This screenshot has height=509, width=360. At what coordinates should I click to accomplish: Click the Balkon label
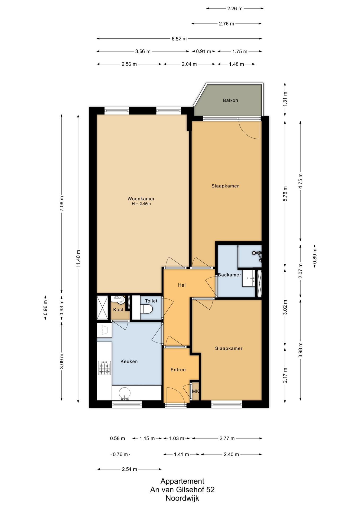230,100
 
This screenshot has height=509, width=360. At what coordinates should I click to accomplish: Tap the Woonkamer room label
141,199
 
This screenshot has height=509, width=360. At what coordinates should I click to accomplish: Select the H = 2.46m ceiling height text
141,204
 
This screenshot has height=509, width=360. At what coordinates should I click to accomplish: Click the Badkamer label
230,275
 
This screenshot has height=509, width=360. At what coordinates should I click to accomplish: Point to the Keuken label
129,361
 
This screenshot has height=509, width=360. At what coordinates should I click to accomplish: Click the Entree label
178,370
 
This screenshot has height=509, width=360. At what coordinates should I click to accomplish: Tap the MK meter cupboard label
195,392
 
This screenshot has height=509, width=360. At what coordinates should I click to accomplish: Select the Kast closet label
118,310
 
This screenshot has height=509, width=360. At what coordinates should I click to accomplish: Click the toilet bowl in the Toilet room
146,309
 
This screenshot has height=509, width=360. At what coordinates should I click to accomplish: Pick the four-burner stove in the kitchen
104,368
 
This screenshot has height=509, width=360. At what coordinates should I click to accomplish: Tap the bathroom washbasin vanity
249,278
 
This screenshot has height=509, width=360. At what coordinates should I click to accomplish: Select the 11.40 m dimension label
78,258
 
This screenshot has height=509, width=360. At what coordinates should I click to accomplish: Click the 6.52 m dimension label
179,39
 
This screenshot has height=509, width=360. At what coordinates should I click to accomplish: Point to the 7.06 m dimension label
62,204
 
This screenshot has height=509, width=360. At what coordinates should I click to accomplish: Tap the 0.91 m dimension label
204,51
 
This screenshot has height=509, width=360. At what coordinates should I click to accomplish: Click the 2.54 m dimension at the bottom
129,469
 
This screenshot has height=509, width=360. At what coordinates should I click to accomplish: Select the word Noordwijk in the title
182,498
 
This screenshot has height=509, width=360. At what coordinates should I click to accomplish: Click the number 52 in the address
210,490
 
